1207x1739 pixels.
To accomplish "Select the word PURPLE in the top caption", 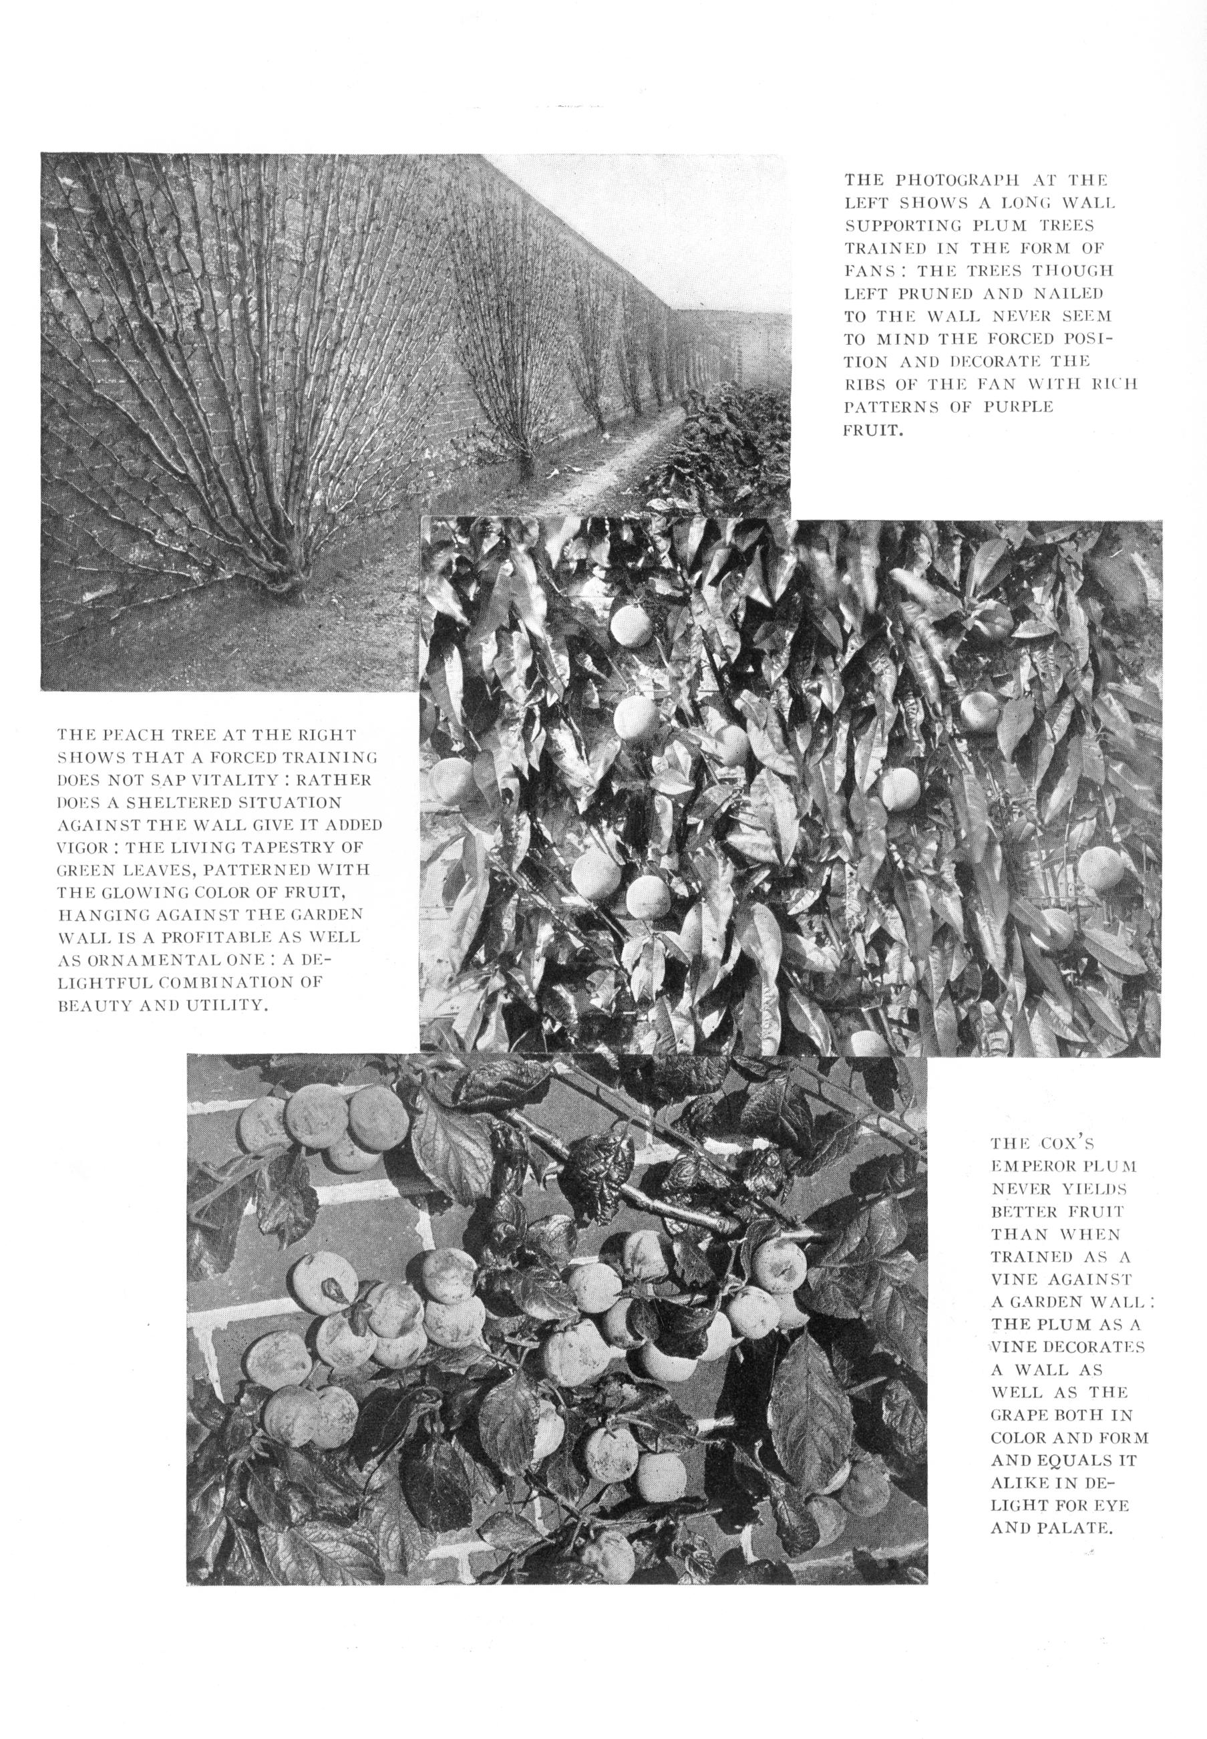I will [x=1018, y=406].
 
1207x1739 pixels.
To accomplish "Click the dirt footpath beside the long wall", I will [x=597, y=469].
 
